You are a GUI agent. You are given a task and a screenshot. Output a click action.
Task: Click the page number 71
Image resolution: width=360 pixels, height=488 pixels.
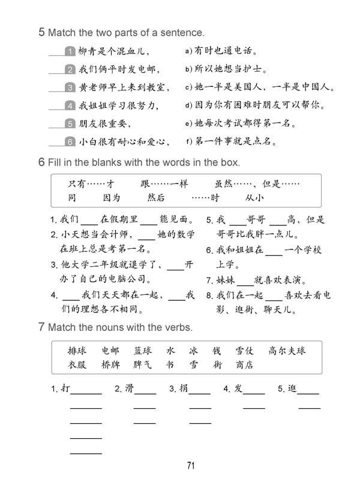tap(191, 466)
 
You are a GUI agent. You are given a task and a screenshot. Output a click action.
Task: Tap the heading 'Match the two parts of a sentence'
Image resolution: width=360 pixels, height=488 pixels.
tap(125, 32)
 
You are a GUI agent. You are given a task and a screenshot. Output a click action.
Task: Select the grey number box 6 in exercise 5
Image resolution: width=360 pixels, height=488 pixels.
tap(70, 142)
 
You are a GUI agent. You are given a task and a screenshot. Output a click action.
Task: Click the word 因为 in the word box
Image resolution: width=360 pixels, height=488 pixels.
tap(112, 197)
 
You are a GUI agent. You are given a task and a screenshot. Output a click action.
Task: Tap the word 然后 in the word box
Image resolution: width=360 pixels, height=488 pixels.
tap(156, 197)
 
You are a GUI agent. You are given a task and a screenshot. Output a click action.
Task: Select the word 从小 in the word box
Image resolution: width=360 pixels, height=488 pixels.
tap(254, 197)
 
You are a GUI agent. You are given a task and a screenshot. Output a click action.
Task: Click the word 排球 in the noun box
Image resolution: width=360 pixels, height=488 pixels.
tap(77, 351)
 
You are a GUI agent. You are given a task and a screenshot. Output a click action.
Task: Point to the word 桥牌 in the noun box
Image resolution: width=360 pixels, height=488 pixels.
tap(110, 365)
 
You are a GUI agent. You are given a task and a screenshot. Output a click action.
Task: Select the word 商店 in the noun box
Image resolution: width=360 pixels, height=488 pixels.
tap(244, 365)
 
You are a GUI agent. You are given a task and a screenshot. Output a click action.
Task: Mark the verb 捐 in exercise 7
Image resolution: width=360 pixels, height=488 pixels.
tap(184, 389)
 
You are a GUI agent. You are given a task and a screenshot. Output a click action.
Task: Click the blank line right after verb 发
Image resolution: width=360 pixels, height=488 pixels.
tap(254, 392)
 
